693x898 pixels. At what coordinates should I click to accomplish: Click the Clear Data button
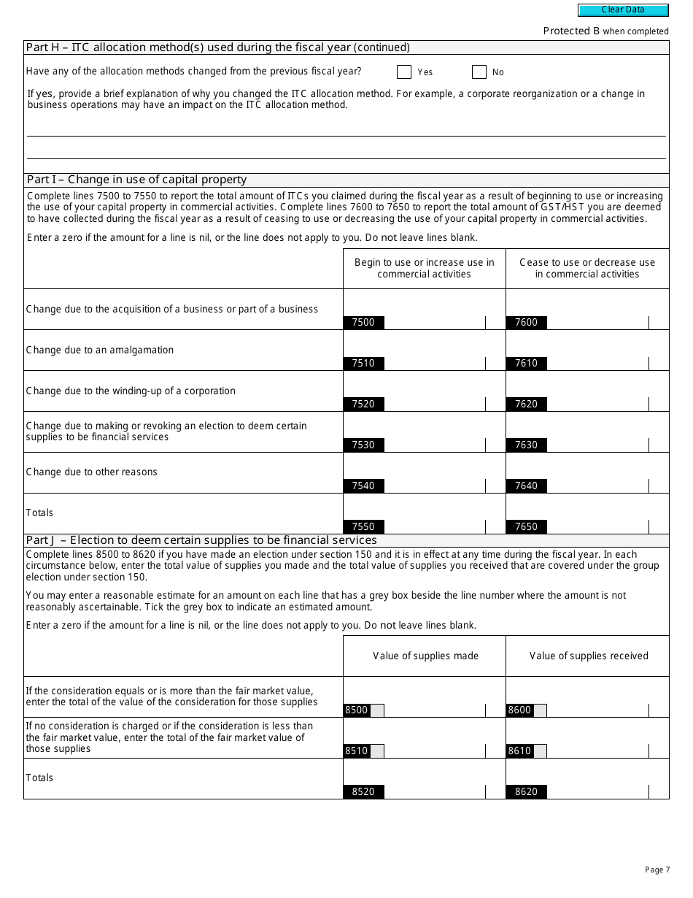click(623, 10)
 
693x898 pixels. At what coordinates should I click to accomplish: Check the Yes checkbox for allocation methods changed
click(404, 72)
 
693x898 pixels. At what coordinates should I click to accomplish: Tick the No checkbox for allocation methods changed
click(479, 72)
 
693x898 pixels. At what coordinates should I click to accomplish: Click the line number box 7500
click(363, 323)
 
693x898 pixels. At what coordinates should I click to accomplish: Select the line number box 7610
click(526, 364)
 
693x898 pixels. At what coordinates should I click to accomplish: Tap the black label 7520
click(363, 404)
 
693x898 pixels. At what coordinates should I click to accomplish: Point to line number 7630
click(526, 445)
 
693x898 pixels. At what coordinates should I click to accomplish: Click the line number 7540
click(363, 486)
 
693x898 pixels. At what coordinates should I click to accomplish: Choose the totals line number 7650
click(526, 527)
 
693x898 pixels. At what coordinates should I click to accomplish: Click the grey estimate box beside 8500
click(377, 710)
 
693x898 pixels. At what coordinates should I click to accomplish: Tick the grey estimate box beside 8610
click(541, 751)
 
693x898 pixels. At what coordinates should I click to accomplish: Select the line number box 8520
click(363, 792)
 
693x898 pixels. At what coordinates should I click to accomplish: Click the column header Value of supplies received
click(589, 656)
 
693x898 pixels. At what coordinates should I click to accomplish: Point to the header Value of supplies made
click(425, 656)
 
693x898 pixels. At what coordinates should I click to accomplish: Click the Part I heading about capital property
click(136, 180)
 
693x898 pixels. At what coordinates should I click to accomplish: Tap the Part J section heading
click(201, 540)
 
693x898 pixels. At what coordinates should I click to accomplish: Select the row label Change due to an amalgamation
click(100, 350)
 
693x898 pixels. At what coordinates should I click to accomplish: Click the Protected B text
click(571, 31)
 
